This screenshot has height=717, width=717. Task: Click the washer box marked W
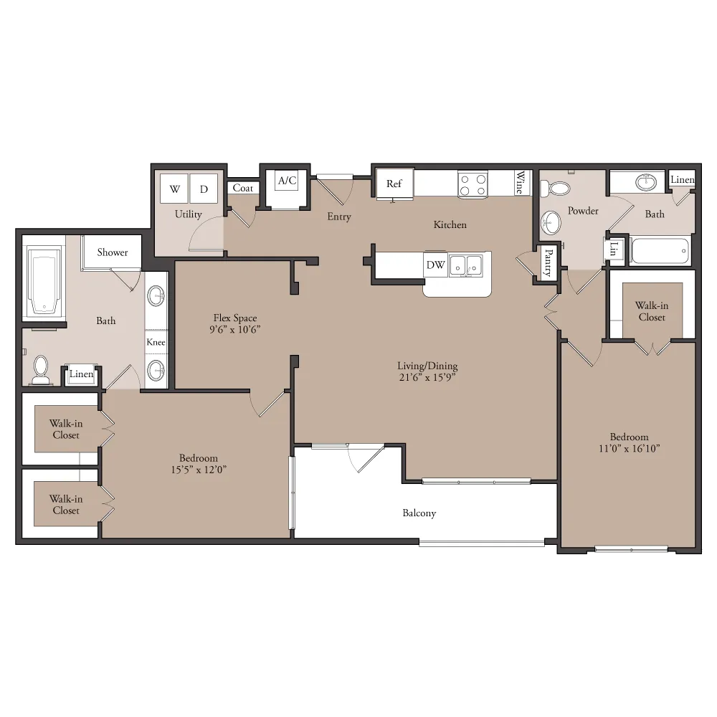174,189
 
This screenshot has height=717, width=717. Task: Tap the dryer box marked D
204,189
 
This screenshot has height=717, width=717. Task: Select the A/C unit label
288,181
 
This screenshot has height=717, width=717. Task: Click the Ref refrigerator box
394,184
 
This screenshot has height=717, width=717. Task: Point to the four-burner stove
473,185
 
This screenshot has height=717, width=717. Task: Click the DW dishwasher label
435,265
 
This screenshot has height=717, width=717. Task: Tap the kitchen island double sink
465,265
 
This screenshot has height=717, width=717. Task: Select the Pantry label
548,262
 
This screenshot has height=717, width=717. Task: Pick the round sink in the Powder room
551,223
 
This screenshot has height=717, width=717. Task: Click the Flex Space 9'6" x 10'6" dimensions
235,330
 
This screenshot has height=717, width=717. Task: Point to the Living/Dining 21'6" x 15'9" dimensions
427,377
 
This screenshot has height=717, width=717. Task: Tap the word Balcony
419,513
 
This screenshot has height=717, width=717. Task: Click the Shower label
112,252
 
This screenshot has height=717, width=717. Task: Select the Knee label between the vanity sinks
156,342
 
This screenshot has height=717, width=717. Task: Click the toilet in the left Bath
41,370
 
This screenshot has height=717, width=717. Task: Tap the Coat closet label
243,188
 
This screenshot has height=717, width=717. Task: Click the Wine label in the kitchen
520,182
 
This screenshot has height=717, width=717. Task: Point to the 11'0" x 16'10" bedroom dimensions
630,449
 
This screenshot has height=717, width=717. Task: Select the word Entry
339,217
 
